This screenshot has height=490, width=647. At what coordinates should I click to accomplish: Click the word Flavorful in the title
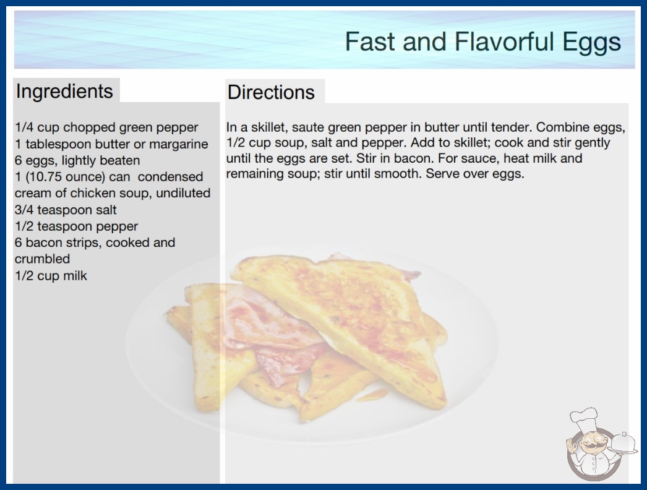(503, 41)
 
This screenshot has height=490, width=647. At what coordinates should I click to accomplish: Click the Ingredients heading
(64, 91)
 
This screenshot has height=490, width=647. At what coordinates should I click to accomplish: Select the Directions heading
(271, 92)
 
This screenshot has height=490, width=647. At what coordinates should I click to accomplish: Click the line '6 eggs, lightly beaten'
(77, 160)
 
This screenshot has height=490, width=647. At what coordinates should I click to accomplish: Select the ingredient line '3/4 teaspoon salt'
(66, 210)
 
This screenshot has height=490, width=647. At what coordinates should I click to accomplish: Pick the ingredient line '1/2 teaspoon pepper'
(76, 226)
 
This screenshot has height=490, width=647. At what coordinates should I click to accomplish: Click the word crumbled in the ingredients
(42, 259)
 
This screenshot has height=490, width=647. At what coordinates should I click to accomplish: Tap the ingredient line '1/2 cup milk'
(51, 275)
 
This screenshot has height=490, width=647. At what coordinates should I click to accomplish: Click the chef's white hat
(584, 418)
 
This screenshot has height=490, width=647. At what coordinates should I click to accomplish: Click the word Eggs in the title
(591, 42)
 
